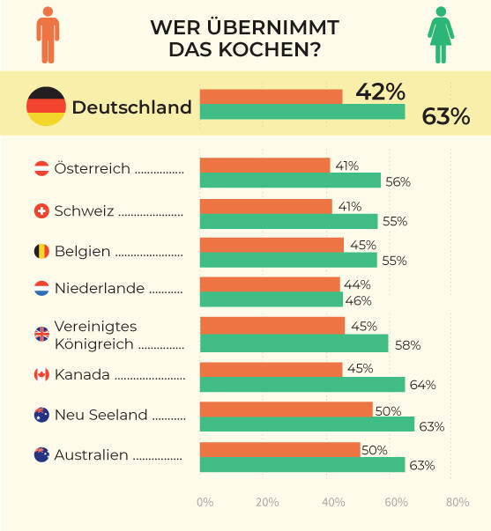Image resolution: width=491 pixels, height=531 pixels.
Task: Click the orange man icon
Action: pos(48,36)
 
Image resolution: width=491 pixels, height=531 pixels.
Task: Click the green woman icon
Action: pos(440,36)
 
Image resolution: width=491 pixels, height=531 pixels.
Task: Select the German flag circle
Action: pos(46,107)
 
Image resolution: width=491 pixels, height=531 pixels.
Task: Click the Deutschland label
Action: pos(131,107)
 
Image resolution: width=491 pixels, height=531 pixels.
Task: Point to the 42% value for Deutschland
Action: pos(380,92)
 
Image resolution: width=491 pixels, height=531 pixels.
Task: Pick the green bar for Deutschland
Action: pos(302,112)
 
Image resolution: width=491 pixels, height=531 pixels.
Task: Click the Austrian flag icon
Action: pos(41,168)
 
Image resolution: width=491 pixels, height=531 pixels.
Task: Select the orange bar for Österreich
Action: pos(264,166)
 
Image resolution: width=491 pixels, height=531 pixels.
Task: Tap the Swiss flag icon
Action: pos(41,211)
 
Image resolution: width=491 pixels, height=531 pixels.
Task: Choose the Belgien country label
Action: pos(82,251)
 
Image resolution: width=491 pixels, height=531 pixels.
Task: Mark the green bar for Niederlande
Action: pos(271,300)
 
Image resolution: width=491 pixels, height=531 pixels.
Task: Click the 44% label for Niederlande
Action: pos(358,284)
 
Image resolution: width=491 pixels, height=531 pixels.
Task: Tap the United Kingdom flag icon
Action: pos(41,334)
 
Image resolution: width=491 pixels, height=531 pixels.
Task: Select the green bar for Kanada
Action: pos(302,384)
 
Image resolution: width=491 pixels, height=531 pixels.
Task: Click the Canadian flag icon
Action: pos(41,374)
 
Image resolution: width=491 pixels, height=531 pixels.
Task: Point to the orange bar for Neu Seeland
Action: pos(286,409)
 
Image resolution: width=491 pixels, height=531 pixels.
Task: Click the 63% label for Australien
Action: pos(421,465)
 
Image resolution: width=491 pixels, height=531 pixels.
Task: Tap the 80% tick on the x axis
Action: pos(457,502)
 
